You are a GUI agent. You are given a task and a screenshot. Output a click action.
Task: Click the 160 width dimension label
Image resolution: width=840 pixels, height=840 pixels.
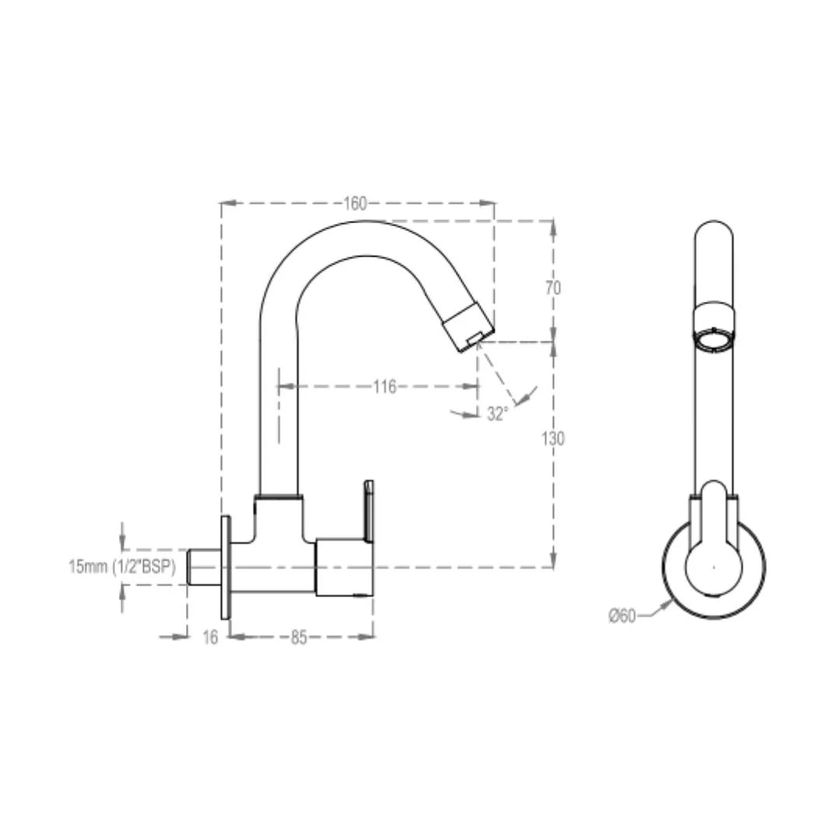pyautogui.click(x=355, y=204)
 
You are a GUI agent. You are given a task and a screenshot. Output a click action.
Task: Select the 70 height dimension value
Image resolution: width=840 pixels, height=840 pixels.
pyautogui.click(x=553, y=288)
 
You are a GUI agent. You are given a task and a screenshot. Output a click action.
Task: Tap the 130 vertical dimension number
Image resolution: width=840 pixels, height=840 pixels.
pyautogui.click(x=553, y=439)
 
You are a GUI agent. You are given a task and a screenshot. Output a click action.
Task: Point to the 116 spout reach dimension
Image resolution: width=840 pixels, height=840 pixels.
pyautogui.click(x=384, y=387)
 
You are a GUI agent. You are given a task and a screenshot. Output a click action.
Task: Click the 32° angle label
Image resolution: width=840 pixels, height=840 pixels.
pyautogui.click(x=498, y=415)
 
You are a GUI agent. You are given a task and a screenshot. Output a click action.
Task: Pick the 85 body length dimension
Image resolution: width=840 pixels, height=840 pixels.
pyautogui.click(x=299, y=638)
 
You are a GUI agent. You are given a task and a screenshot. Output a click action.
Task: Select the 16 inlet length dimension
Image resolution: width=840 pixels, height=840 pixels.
pyautogui.click(x=210, y=638)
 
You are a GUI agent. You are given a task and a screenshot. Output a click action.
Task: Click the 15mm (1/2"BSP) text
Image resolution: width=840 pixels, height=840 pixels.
pyautogui.click(x=123, y=567)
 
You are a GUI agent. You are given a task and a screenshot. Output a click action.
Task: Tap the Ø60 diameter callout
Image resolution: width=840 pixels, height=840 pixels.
pyautogui.click(x=622, y=616)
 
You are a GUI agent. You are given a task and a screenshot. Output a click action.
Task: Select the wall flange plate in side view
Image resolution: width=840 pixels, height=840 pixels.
pyautogui.click(x=226, y=568)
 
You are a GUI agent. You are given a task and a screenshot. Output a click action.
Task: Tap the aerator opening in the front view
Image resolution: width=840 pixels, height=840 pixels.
pyautogui.click(x=713, y=341)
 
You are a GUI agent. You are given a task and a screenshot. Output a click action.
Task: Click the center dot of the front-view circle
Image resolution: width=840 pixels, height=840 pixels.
pyautogui.click(x=714, y=566)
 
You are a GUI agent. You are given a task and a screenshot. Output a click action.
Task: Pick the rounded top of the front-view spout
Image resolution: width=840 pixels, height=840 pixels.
pyautogui.click(x=713, y=230)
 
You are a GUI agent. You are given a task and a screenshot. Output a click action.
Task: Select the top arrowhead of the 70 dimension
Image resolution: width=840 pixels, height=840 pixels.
pyautogui.click(x=553, y=226)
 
